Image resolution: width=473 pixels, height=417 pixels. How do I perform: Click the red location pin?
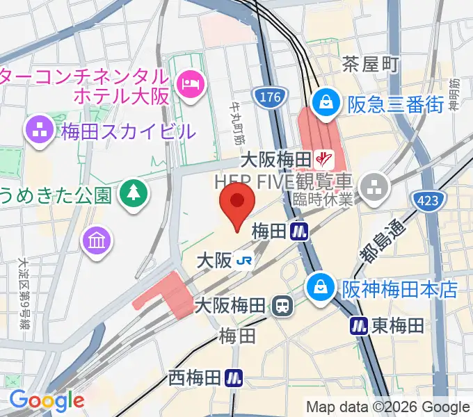pos(237,204)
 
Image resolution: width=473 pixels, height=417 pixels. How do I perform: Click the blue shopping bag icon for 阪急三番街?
pos(325,104)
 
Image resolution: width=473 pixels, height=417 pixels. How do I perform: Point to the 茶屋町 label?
pos(371,65)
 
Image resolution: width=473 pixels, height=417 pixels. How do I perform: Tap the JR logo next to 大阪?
pos(244,261)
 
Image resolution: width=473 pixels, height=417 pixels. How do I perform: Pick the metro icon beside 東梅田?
pos(359,325)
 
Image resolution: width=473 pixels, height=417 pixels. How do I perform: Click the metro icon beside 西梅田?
pos(234,377)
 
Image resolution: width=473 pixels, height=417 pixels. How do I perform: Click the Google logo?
pos(46,400)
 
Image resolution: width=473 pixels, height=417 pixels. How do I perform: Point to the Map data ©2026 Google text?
pos(387,407)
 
